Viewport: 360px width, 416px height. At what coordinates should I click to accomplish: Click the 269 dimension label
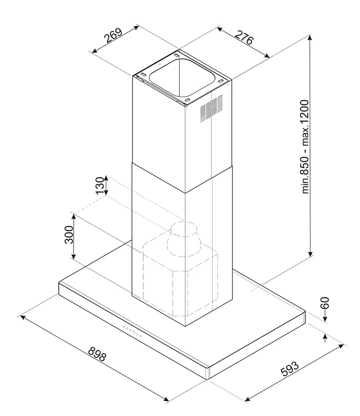(113, 36)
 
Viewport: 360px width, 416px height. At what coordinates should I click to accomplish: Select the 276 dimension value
(244, 38)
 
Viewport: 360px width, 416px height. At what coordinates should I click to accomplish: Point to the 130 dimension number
(99, 186)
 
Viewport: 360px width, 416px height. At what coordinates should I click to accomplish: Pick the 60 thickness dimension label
(325, 302)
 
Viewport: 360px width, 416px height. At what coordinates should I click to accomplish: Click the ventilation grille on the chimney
(211, 108)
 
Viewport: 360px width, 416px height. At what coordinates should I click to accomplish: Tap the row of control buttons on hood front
(132, 332)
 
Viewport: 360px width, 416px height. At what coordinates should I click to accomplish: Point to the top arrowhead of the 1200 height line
(310, 37)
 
